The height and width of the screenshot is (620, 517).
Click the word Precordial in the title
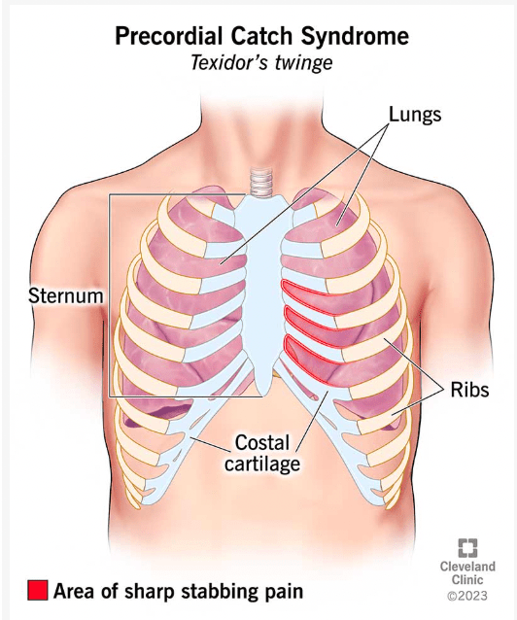170,36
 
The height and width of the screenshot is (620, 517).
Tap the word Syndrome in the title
355,37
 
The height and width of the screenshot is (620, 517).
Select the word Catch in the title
262,36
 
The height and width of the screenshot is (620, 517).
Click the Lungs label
415,115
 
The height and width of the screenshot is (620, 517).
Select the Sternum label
66,295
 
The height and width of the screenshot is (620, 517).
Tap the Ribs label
470,390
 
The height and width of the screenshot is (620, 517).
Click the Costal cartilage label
262,453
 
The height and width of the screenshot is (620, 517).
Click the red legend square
38,590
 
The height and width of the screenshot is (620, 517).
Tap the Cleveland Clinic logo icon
467,548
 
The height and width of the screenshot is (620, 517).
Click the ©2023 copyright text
467,596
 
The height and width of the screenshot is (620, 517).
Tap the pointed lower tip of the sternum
261,395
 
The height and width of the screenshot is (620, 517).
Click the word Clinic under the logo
467,579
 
